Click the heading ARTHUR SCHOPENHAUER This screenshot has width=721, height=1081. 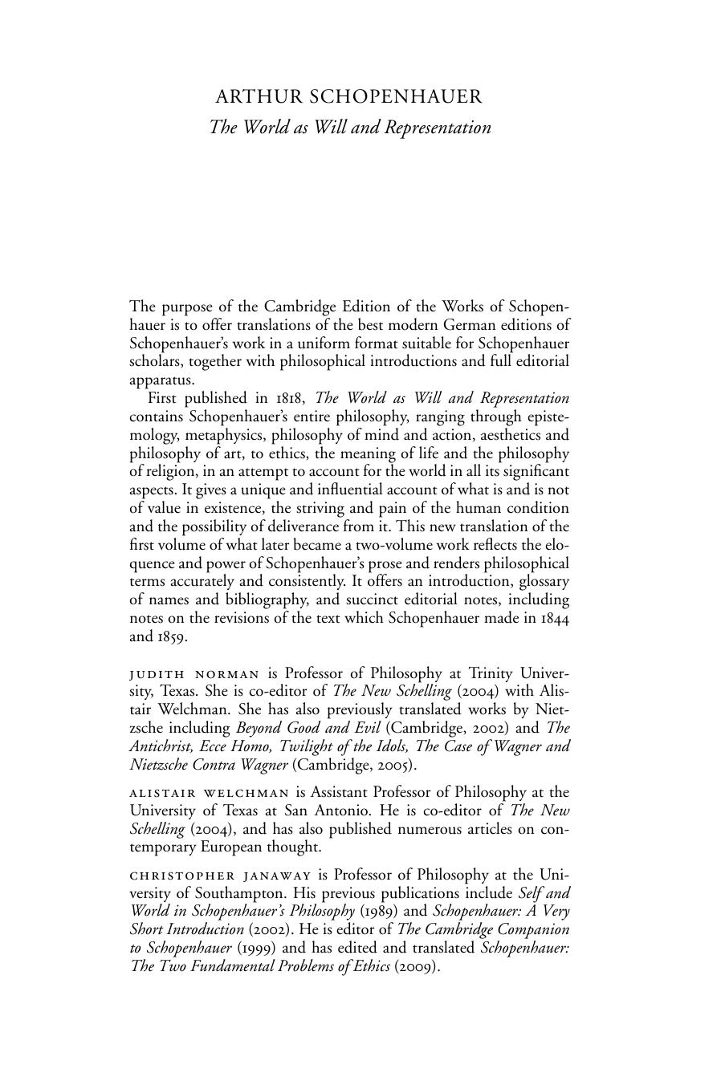point(349,97)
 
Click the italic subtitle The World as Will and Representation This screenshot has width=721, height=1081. point(349,128)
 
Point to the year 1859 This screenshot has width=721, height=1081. point(171,636)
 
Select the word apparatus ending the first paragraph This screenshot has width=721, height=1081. point(161,380)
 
